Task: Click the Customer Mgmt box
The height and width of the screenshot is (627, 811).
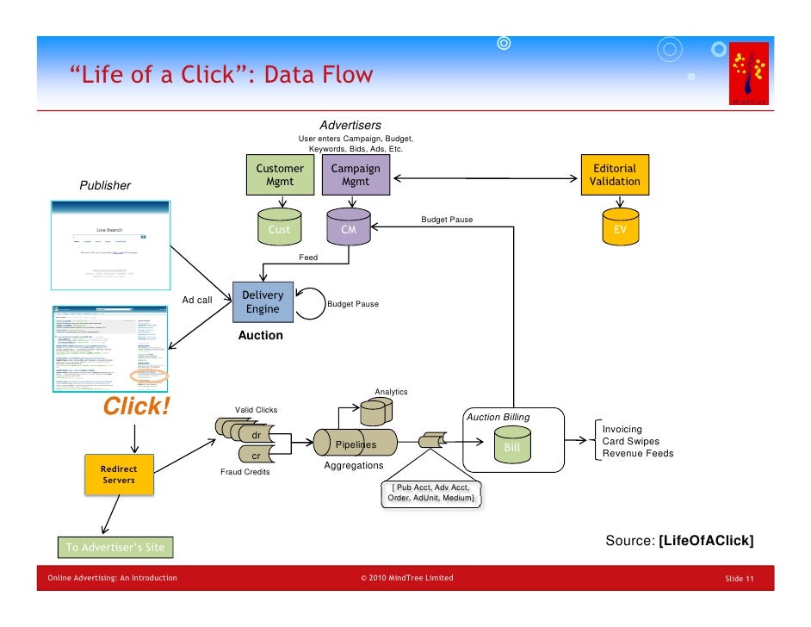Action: point(279,175)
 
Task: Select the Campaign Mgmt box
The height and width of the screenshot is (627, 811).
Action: point(356,175)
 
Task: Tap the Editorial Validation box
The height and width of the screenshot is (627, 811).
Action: point(615,175)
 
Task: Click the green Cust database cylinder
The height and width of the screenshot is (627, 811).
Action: point(279,227)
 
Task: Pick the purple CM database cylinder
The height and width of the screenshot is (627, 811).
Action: point(349,227)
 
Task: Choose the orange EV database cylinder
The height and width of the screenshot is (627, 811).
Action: point(620,227)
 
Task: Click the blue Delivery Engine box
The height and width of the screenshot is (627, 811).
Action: point(263,302)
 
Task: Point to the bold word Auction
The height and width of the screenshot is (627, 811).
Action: point(260,335)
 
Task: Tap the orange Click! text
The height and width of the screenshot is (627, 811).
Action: point(137,407)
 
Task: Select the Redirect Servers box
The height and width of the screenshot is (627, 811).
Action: point(119,475)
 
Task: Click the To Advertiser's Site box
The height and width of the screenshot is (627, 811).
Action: point(115,547)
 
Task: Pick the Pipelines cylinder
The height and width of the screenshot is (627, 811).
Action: point(356,444)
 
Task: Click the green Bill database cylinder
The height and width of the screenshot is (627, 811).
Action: point(512,444)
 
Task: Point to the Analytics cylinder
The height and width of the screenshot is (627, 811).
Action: point(375,411)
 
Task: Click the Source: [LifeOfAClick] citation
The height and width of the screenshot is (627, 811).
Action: point(680,540)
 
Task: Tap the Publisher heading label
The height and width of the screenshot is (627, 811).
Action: point(105,185)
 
